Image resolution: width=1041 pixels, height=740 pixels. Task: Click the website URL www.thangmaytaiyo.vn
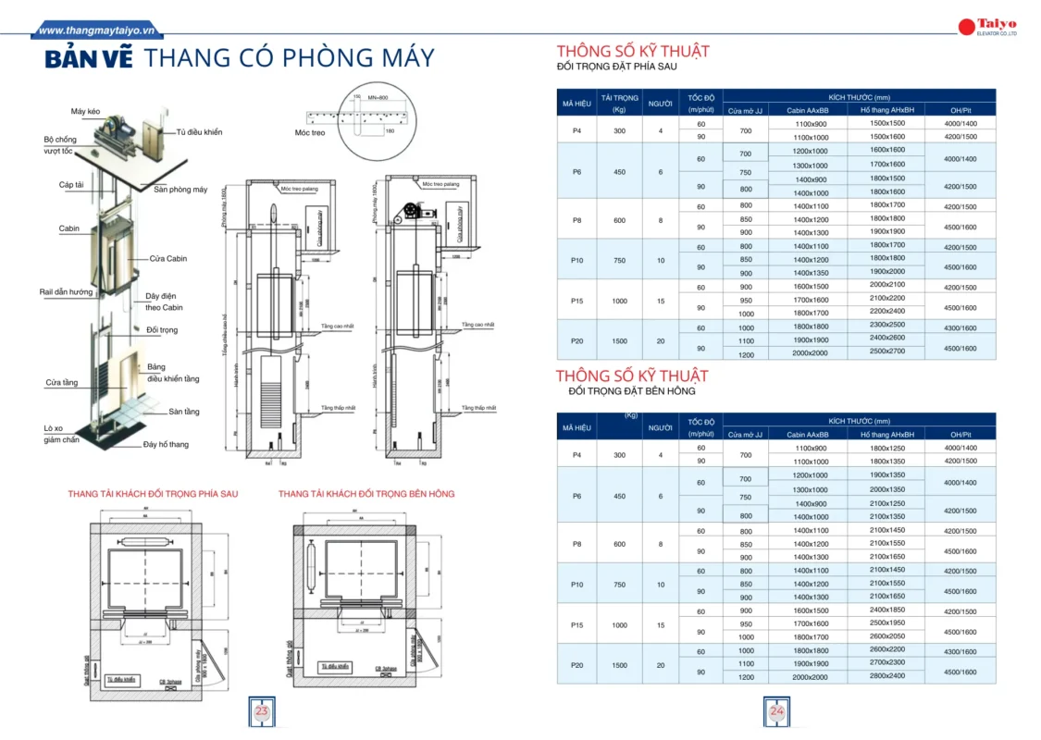point(98,30)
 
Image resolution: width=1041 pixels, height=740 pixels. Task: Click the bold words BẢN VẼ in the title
point(90,59)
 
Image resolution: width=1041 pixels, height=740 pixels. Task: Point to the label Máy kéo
point(85,112)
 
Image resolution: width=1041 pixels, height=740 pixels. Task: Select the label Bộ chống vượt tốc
point(60,144)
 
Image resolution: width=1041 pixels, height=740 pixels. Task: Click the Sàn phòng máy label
point(180,190)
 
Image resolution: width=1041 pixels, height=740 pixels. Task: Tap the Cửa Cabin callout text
point(168,258)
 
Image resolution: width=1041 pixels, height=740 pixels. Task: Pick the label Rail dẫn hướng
point(66,291)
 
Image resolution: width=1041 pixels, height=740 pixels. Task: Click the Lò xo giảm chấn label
point(61,434)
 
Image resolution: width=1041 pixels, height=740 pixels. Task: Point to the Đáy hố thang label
point(166,444)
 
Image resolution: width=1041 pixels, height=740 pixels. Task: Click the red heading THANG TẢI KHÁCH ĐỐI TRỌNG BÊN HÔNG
point(366,494)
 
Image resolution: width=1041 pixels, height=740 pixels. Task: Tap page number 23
point(262,711)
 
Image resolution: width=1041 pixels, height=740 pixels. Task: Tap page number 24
point(776,711)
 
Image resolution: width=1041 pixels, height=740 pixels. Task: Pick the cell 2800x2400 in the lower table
point(886,676)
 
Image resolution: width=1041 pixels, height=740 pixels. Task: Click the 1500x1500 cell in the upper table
point(886,123)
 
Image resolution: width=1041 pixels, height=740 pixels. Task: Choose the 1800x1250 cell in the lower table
point(886,448)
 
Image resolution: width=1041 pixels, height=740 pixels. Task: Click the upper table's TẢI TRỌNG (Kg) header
point(620,103)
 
